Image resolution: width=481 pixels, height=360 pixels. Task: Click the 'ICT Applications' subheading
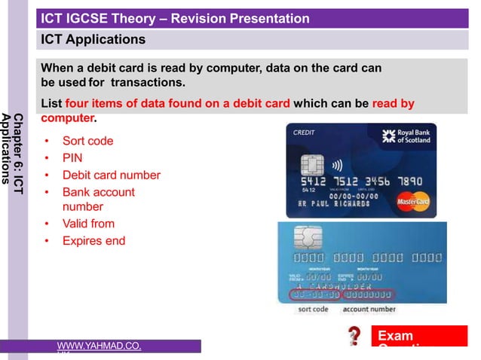tap(93, 39)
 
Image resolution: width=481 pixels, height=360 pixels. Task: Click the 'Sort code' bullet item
tap(87, 141)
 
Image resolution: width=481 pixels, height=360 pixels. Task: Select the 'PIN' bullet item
tap(72, 158)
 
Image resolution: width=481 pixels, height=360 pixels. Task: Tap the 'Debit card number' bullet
tap(111, 175)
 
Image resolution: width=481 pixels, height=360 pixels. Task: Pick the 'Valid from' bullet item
tap(88, 224)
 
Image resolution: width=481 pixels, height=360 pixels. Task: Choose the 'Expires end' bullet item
tap(93, 241)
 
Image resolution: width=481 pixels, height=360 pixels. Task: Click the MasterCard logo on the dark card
tap(413, 201)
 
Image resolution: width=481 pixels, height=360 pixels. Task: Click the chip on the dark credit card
tap(312, 164)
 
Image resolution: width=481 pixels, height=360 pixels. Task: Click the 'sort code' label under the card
tap(313, 309)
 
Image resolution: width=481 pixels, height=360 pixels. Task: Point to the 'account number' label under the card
tap(369, 309)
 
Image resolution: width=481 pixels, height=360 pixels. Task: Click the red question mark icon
tap(354, 336)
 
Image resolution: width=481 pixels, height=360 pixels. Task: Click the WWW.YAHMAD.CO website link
tap(99, 346)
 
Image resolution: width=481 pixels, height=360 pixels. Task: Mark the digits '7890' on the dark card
tap(412, 182)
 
